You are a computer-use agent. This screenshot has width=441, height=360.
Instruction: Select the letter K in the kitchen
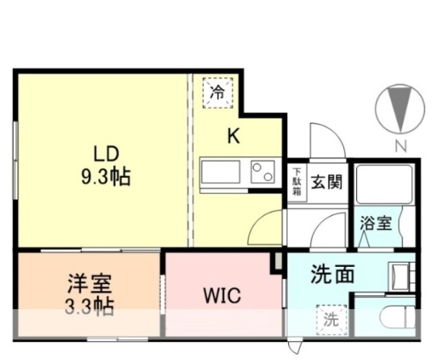tap(234, 137)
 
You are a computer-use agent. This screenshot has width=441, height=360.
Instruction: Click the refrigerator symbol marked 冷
tap(217, 92)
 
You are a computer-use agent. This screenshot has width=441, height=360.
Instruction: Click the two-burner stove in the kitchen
tap(262, 171)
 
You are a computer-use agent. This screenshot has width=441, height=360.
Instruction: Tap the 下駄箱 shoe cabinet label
tap(296, 181)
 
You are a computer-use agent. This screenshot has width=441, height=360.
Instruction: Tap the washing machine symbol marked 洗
tap(331, 319)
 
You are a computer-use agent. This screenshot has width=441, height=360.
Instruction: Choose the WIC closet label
tap(222, 297)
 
